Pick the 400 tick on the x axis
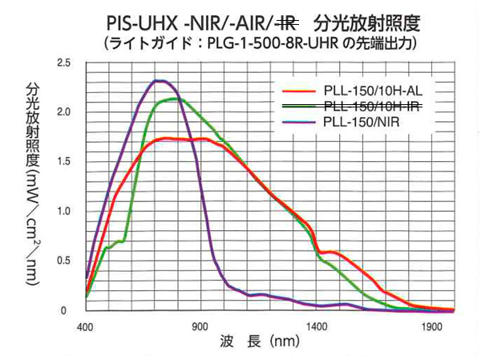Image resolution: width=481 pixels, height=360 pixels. tap(85, 327)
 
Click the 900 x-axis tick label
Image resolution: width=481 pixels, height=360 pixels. tap(200, 327)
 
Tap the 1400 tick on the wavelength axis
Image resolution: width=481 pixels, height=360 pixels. tap(317, 327)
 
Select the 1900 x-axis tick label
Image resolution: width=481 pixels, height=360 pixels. tap(433, 327)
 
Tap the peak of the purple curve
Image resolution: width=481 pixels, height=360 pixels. tap(160, 81)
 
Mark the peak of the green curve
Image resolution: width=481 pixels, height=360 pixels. tap(172, 99)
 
